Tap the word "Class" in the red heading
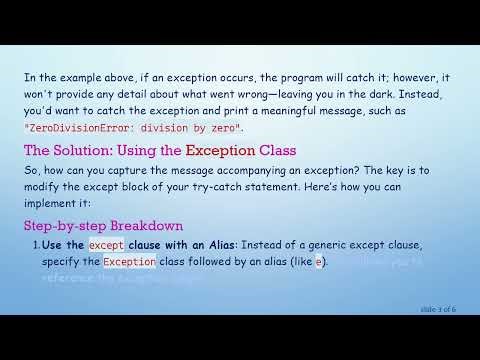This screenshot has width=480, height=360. [273, 151]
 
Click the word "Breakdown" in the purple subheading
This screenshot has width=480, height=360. [150, 226]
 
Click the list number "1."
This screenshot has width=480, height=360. [36, 244]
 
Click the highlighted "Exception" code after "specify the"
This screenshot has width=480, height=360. [129, 262]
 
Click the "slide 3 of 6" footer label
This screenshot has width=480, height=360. [437, 310]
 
